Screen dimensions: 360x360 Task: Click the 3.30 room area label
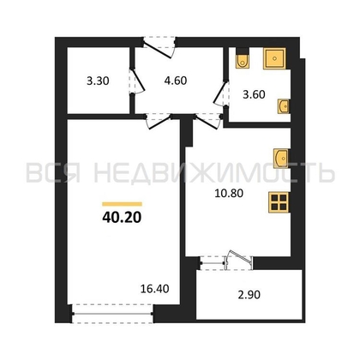click(x=98, y=81)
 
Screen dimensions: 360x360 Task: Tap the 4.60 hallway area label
click(x=176, y=81)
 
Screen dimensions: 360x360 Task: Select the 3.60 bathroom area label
click(x=254, y=94)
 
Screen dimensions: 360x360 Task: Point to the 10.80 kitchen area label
click(x=229, y=194)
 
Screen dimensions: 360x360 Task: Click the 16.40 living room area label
click(x=155, y=289)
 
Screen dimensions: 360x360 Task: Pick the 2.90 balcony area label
click(x=249, y=295)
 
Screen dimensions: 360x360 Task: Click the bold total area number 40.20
click(x=122, y=218)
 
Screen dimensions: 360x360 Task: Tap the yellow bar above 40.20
click(x=122, y=204)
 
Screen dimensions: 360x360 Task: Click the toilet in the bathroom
click(x=243, y=59)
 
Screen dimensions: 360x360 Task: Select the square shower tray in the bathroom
click(x=274, y=58)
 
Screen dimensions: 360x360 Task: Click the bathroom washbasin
click(x=284, y=106)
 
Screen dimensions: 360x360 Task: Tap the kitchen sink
click(x=281, y=158)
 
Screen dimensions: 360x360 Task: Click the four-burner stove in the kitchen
click(x=279, y=202)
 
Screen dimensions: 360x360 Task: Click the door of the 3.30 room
click(x=137, y=81)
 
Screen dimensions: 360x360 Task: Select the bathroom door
click(x=221, y=93)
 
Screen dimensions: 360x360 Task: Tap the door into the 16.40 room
click(x=159, y=121)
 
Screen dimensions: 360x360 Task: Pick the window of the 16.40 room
click(x=112, y=314)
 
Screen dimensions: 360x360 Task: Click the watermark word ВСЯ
click(x=53, y=172)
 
